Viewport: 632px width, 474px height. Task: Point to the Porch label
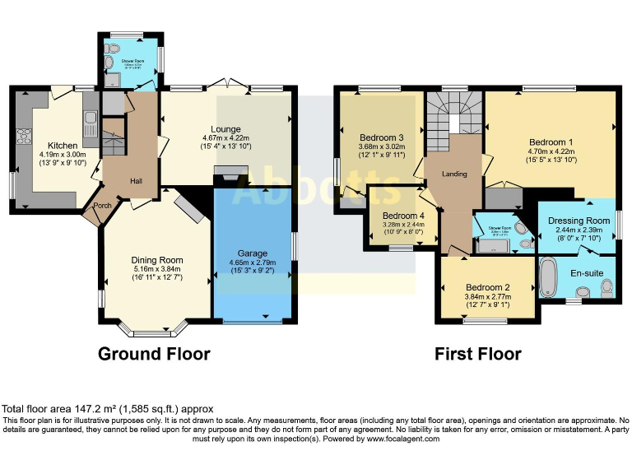pos(102,207)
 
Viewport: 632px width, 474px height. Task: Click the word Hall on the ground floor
pos(136,181)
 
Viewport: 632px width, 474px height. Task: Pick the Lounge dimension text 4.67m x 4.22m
pos(225,137)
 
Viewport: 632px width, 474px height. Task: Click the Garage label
pos(253,253)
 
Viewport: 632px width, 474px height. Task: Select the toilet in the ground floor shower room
pos(112,79)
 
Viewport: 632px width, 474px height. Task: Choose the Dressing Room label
pos(579,221)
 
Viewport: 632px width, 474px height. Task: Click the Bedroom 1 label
pos(551,141)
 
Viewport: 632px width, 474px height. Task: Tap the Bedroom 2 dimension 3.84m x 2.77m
pos(488,297)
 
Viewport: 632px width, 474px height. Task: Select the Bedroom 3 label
pos(381,137)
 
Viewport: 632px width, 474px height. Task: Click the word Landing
pos(454,174)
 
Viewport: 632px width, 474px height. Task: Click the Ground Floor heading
pos(154,354)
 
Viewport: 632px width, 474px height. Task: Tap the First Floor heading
pos(478,354)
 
